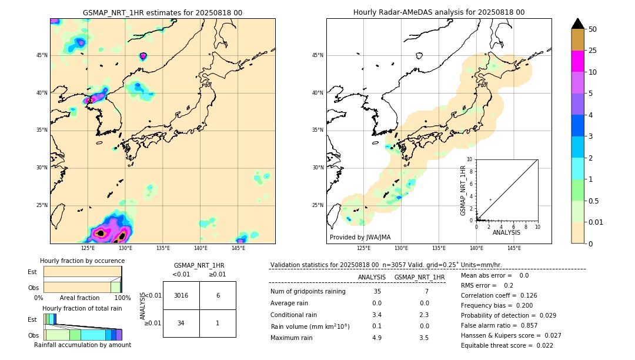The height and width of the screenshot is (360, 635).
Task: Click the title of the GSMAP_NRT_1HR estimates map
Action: point(162,12)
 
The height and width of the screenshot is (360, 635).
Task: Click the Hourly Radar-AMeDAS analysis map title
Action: point(439,12)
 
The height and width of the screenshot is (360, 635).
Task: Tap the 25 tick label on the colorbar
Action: point(593,51)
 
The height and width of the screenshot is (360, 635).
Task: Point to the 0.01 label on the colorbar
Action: point(596,222)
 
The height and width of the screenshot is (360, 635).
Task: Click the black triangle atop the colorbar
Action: point(578,24)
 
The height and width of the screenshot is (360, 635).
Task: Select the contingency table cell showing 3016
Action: point(181,295)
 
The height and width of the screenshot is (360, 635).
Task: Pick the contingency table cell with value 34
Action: point(181,323)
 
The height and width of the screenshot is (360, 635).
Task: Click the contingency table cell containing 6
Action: point(218,295)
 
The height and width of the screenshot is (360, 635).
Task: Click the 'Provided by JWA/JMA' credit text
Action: point(360,237)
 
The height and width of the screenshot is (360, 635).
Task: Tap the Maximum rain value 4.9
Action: point(377,338)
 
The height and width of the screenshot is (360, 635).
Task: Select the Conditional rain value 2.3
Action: point(424,315)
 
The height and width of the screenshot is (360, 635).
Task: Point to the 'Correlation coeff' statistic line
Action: point(499,295)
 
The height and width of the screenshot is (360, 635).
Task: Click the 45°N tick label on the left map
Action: point(41,55)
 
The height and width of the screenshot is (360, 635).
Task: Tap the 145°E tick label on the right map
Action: point(514,248)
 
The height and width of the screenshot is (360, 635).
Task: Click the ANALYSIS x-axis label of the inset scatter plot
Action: point(506,233)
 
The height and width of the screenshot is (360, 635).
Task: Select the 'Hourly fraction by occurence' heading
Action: point(82,261)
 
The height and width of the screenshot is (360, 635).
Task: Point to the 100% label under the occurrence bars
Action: point(122,298)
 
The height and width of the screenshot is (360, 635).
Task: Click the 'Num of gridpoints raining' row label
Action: point(308,291)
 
